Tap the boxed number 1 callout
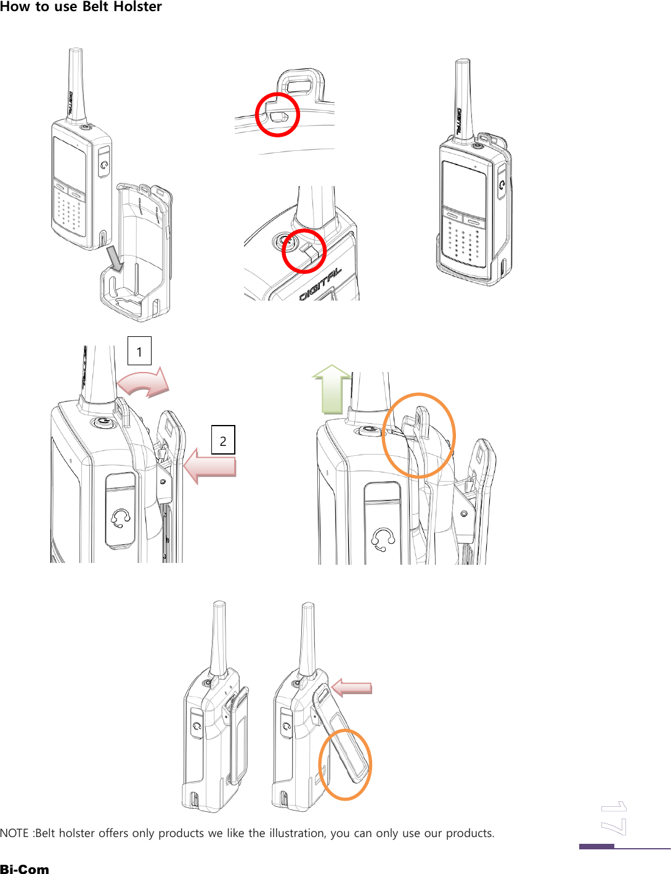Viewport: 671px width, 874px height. [x=139, y=351]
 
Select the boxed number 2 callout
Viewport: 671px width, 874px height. [x=223, y=440]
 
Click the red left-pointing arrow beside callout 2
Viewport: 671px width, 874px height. [x=210, y=466]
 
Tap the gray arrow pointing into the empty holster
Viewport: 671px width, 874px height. [x=115, y=259]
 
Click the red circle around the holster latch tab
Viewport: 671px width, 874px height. [x=277, y=115]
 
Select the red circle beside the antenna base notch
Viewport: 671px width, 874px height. [x=304, y=251]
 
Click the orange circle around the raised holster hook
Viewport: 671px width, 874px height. [x=418, y=435]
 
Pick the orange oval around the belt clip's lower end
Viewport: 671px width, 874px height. [x=345, y=764]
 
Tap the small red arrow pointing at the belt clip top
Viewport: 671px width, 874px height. [x=352, y=687]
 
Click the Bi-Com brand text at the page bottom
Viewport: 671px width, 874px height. [x=25, y=868]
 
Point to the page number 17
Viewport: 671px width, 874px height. [x=614, y=819]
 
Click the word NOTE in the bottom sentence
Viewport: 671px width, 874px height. [x=14, y=833]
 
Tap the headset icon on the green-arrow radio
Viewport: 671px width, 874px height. [x=383, y=540]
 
